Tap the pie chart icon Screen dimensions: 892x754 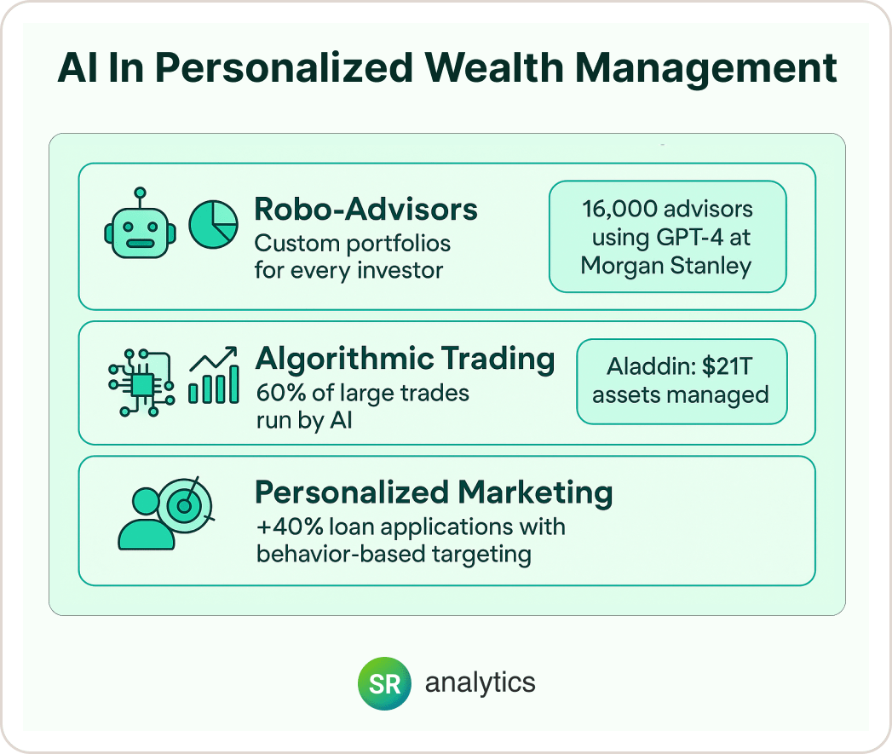[213, 224]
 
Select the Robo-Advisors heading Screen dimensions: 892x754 [365, 209]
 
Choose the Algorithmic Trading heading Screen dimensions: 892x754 [405, 359]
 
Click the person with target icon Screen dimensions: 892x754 [165, 513]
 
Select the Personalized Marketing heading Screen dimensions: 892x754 [434, 492]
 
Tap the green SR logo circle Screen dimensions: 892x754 [384, 683]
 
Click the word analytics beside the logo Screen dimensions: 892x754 [481, 683]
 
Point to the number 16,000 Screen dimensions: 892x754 [619, 209]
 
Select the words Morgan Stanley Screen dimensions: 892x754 [666, 266]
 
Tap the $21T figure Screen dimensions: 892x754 [728, 366]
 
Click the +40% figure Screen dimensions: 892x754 [291, 527]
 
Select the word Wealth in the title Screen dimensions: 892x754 [494, 67]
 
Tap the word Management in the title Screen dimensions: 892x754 [706, 69]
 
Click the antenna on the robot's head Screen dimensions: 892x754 [141, 199]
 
